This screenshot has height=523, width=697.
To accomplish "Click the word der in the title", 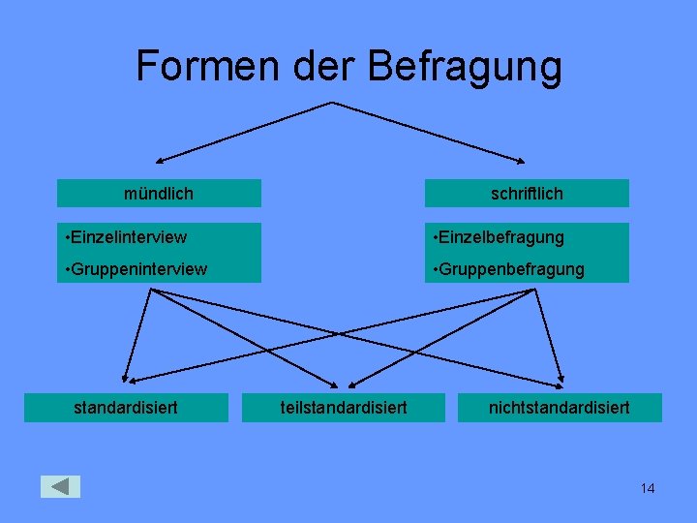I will click(x=326, y=66).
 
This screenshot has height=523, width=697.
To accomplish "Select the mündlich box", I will click(x=159, y=194).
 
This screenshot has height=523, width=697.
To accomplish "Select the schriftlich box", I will click(x=527, y=194).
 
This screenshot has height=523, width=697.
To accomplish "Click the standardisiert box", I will click(x=126, y=408).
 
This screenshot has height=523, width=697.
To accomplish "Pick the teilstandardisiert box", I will click(x=344, y=408).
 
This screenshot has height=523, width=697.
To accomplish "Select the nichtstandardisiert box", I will click(x=559, y=408).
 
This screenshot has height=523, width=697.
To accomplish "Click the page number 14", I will click(x=648, y=488).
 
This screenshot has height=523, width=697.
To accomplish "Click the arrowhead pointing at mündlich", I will click(x=162, y=159).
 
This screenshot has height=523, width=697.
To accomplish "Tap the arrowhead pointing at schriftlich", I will click(x=524, y=159).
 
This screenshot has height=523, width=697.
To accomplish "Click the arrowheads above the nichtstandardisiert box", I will click(x=559, y=380).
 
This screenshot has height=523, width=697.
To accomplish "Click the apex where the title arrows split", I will click(x=332, y=103).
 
